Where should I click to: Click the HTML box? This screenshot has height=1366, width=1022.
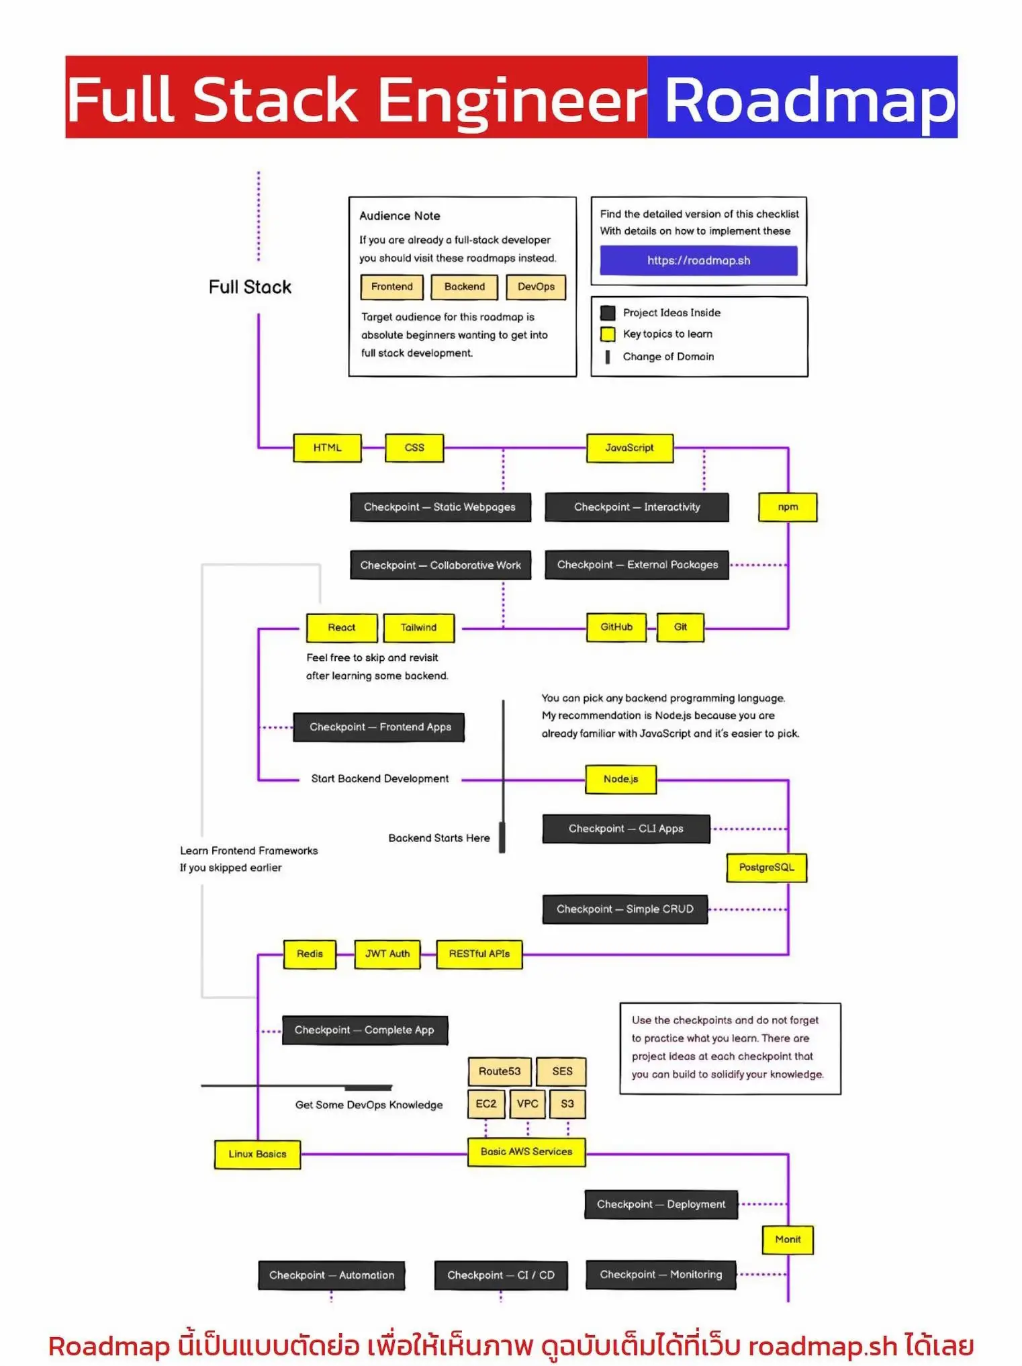click(x=327, y=448)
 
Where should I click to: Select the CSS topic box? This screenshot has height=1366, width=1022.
click(x=414, y=448)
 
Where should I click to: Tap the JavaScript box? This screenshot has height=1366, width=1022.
click(x=629, y=448)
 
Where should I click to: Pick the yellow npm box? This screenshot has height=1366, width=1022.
click(x=788, y=507)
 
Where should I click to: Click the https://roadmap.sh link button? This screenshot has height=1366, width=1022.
click(x=698, y=261)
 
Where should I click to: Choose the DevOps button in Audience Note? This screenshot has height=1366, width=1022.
click(x=536, y=287)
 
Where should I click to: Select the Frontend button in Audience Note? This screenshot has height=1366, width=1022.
click(x=392, y=287)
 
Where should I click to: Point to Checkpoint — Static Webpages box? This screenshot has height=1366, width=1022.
click(x=440, y=507)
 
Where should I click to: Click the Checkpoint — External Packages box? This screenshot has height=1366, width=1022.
click(x=637, y=565)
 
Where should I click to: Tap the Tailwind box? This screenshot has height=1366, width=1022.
click(x=418, y=628)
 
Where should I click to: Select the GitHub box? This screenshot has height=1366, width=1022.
click(x=616, y=627)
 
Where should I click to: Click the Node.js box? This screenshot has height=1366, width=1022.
click(x=620, y=779)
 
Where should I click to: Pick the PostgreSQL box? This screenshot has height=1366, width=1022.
click(x=766, y=868)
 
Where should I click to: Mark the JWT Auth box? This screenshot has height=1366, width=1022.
click(x=387, y=954)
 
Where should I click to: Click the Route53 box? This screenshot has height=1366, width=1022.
click(x=500, y=1071)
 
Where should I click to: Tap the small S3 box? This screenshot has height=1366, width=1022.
click(x=567, y=1103)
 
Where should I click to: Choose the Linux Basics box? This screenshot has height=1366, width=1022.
click(x=257, y=1154)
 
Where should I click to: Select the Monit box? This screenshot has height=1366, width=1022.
click(x=788, y=1240)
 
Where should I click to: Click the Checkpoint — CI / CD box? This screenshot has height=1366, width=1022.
click(x=501, y=1275)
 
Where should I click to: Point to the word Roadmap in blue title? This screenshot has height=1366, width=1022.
click(x=809, y=99)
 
